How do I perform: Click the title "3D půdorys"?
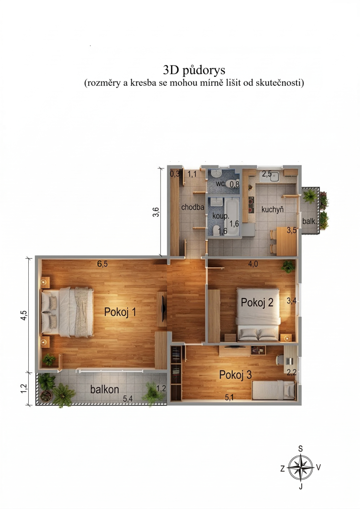pos(194,70)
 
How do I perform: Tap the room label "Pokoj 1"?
pos(120,312)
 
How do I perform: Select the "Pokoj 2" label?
pos(257,302)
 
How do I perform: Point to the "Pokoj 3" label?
pos(235,375)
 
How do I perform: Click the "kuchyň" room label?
pos(272,210)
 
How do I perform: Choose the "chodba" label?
pos(193,207)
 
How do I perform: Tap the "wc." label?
pos(221,183)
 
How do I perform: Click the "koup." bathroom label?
pos(221,215)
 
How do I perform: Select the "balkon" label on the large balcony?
pos(105,389)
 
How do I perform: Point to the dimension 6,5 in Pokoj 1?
pos(102,264)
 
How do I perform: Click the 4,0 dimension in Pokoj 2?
pos(253,264)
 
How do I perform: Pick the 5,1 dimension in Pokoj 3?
pos(229,397)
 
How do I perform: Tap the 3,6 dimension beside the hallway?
pos(156,212)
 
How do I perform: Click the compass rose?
pos(301,468)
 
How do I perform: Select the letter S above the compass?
pos(301,449)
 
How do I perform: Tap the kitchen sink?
pos(274,177)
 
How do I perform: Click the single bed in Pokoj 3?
pos(274,390)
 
